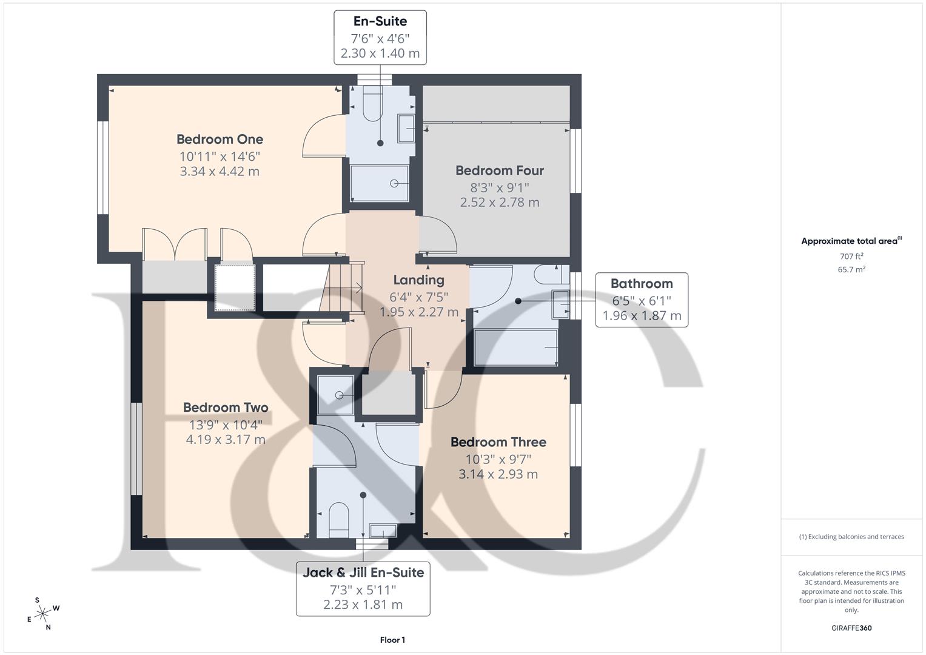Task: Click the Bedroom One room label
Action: coord(220,139)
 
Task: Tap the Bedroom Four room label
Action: coord(499,170)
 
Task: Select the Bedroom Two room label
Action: coord(226,408)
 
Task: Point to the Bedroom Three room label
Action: coord(498,442)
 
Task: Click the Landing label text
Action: coord(418,280)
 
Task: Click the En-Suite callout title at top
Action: coord(380,21)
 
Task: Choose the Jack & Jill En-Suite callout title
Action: coord(363,573)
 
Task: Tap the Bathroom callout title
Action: coord(642,283)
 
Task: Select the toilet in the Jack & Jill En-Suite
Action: coord(338,520)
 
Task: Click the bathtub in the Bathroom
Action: coord(515,348)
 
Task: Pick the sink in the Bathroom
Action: coord(560,304)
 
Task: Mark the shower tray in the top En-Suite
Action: coord(380,183)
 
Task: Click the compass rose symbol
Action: coord(42,614)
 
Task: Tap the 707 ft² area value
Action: coord(851,257)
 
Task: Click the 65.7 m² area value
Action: coord(851,270)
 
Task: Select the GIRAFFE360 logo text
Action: coord(851,628)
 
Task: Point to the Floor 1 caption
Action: coord(392,640)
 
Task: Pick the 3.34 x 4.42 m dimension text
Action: coord(220,172)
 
